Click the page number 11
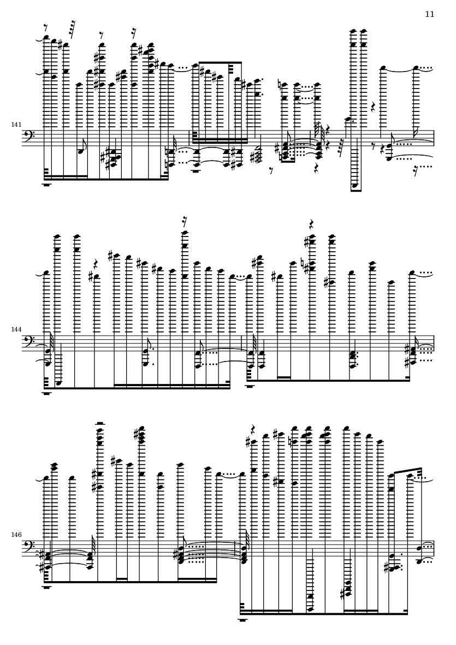click(429, 14)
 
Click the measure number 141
click(16, 124)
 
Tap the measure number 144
click(16, 329)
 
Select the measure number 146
click(16, 535)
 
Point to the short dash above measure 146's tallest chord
click(99, 423)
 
